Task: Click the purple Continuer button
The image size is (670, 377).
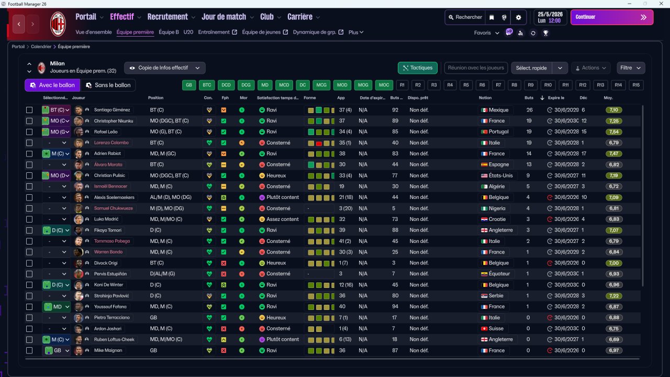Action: click(x=611, y=17)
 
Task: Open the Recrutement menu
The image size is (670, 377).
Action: click(x=171, y=17)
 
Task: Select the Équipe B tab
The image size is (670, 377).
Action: click(x=169, y=32)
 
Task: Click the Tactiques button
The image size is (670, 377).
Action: click(x=417, y=68)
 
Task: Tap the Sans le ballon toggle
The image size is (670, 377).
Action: click(x=108, y=85)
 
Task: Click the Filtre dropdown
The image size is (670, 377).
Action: click(x=630, y=68)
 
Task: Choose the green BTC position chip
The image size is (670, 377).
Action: click(x=207, y=85)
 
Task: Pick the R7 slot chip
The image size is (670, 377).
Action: click(x=498, y=85)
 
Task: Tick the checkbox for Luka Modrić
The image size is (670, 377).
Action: click(x=29, y=219)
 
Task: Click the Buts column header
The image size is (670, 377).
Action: click(x=529, y=98)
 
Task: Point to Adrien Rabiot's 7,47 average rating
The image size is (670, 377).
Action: click(x=614, y=154)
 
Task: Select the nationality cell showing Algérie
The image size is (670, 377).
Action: click(x=495, y=186)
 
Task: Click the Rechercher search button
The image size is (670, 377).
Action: click(x=464, y=17)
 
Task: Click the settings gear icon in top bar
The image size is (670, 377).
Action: click(x=518, y=17)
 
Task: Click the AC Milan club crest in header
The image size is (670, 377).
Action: click(x=58, y=24)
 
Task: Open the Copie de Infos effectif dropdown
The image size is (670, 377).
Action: click(x=165, y=68)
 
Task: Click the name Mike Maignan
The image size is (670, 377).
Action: click(x=108, y=350)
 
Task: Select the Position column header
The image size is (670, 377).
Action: click(x=155, y=98)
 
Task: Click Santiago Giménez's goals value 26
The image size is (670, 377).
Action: click(x=529, y=110)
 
